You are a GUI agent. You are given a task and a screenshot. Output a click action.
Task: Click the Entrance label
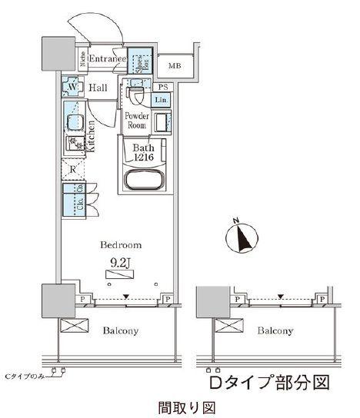pyautogui.click(x=107, y=59)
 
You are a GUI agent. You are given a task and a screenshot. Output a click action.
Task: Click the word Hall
pyautogui.click(x=97, y=89)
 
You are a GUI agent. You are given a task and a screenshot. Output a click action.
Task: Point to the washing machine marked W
pyautogui.click(x=72, y=88)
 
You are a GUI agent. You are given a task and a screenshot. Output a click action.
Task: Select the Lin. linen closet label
pyautogui.click(x=162, y=101)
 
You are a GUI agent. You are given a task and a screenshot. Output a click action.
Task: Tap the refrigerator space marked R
pyautogui.click(x=72, y=171)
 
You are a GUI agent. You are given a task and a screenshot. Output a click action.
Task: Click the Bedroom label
pyautogui.click(x=120, y=244)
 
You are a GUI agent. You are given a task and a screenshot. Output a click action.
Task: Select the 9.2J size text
pyautogui.click(x=120, y=264)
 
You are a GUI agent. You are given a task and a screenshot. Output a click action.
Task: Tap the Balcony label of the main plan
pyautogui.click(x=121, y=331)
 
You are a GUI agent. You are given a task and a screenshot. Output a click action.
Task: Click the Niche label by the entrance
pyautogui.click(x=83, y=60)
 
